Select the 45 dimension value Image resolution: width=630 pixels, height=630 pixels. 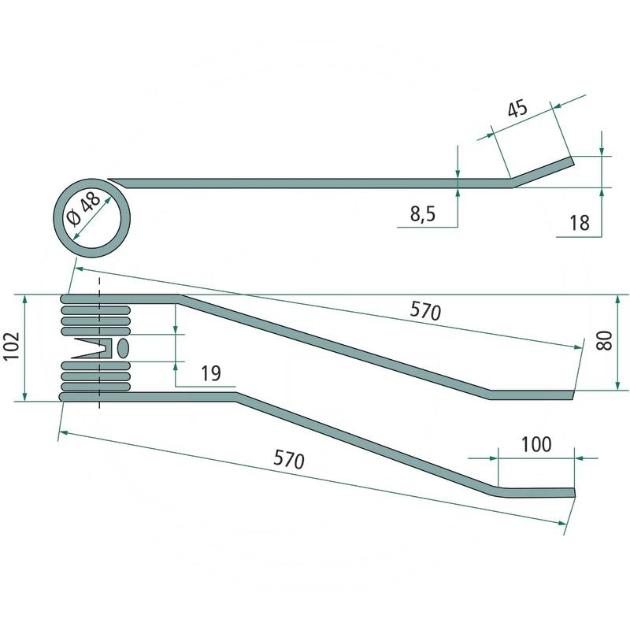point(517,109)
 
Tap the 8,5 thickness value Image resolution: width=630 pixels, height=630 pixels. point(423,213)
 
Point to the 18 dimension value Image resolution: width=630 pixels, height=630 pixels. point(580,223)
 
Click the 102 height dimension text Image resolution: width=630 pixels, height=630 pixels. point(13,346)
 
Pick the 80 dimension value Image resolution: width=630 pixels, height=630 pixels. point(604,340)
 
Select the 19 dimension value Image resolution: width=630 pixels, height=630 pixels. point(210,373)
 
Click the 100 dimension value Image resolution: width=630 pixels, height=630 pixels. point(536,444)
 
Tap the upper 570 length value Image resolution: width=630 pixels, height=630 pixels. point(425,311)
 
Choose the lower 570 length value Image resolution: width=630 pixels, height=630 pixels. point(289,460)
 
